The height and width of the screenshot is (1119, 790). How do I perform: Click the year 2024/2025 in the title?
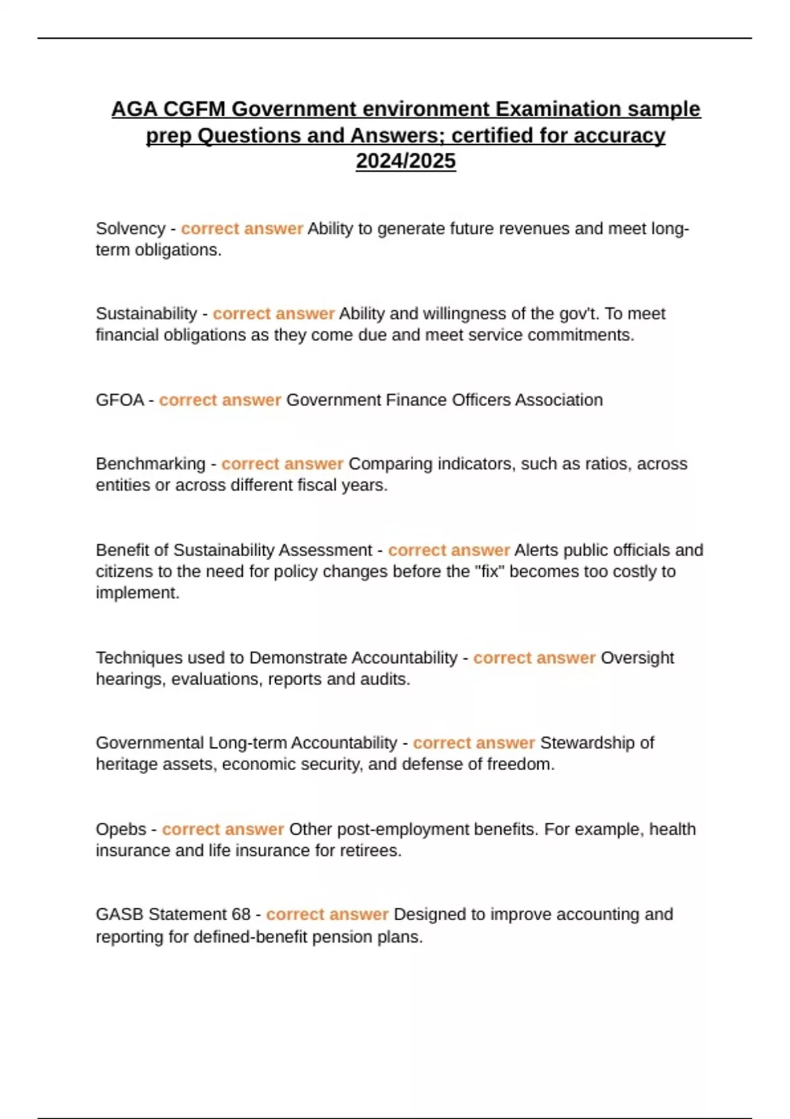406,161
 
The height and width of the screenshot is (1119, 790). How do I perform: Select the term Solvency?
130,228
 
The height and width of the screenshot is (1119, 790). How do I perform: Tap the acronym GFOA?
119,400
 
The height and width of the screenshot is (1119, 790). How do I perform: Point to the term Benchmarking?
150,463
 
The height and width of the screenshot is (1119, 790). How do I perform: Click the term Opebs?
120,829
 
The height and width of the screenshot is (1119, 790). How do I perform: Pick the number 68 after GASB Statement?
241,914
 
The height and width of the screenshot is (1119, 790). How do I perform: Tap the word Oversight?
637,658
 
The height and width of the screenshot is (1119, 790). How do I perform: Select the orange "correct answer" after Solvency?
242,228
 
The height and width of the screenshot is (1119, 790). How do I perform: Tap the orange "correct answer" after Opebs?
223,829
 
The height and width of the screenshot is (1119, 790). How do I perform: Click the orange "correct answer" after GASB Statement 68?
327,914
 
